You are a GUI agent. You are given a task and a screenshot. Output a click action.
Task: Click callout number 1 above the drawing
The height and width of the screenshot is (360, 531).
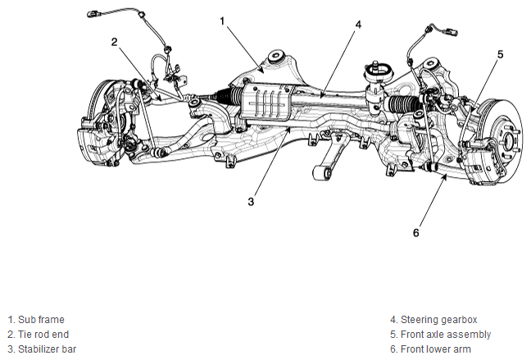[222, 21]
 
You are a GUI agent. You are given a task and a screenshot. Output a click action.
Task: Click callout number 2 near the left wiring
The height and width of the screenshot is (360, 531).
[115, 42]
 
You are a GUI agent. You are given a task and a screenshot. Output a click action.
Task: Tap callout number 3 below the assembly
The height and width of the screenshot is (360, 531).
[251, 202]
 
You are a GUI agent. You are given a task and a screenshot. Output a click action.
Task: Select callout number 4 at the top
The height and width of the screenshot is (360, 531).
[358, 25]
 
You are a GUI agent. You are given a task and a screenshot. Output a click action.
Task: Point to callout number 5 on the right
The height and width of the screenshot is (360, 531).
[501, 54]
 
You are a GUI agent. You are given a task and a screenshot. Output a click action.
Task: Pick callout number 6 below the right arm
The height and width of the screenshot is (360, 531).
[416, 233]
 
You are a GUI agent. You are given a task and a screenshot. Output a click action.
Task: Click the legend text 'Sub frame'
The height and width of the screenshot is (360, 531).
[41, 320]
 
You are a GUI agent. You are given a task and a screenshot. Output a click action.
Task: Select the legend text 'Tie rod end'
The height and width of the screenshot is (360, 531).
[43, 335]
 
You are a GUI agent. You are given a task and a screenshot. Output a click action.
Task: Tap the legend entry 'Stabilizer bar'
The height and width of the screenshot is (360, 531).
[47, 349]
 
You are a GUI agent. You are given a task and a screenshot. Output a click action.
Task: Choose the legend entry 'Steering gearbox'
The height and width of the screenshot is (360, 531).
[439, 320]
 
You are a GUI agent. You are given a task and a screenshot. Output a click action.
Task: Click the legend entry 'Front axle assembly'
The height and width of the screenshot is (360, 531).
[446, 335]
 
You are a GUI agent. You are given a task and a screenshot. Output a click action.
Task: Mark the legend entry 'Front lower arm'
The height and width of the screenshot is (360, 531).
[436, 349]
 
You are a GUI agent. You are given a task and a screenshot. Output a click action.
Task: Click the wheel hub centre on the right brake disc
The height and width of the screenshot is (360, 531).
[507, 139]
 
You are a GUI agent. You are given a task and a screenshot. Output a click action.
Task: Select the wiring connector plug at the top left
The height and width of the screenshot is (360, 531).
[92, 14]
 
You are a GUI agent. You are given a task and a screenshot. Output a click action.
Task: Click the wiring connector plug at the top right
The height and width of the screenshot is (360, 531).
[452, 32]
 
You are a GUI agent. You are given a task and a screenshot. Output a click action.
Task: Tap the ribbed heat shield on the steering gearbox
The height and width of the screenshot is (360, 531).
[266, 102]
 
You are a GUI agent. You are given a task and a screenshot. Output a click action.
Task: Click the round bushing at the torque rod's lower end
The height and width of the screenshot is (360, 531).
[321, 173]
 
